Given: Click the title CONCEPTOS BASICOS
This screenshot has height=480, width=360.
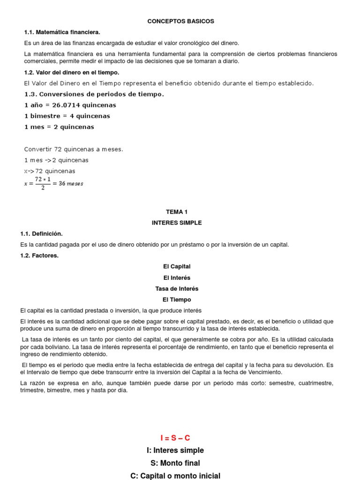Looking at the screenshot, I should point(180,21).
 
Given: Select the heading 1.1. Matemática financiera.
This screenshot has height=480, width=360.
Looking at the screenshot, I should point(62,32).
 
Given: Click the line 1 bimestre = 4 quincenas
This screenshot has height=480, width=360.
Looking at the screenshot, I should point(67,116).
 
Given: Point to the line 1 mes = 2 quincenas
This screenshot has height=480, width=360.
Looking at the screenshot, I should point(59,127).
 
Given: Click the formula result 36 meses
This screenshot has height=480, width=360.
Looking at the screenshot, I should point(71,183).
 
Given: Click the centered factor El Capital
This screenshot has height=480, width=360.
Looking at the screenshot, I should point(177,266).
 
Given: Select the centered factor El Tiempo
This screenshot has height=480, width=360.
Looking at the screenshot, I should point(177,300).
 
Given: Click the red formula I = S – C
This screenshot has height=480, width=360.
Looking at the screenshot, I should point(175,438).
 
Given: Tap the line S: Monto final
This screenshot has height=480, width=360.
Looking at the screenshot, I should point(175,463).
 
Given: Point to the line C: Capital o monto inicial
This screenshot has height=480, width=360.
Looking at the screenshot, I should point(175,475).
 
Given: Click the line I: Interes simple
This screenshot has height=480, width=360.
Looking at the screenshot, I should point(175,450).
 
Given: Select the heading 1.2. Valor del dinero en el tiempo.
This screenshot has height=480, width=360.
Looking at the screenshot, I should point(72,72).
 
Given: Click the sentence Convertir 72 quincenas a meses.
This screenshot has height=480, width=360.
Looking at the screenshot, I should point(74,149).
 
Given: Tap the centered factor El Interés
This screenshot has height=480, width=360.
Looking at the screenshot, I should point(177,277).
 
